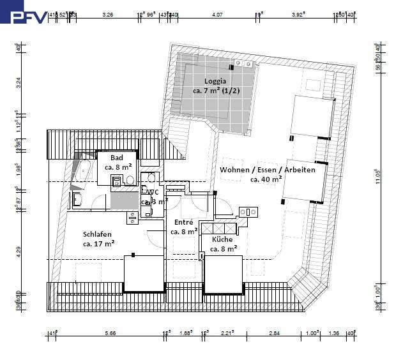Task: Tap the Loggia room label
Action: click(x=215, y=81)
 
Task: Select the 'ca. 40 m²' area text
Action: click(x=266, y=180)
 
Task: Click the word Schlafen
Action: click(x=97, y=234)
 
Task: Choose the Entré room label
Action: click(x=184, y=222)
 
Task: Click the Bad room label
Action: click(x=117, y=158)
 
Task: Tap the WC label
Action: click(x=153, y=191)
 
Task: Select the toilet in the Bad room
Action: click(x=131, y=181)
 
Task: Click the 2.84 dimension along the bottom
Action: click(x=274, y=333)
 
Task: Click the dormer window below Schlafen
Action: click(x=144, y=273)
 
